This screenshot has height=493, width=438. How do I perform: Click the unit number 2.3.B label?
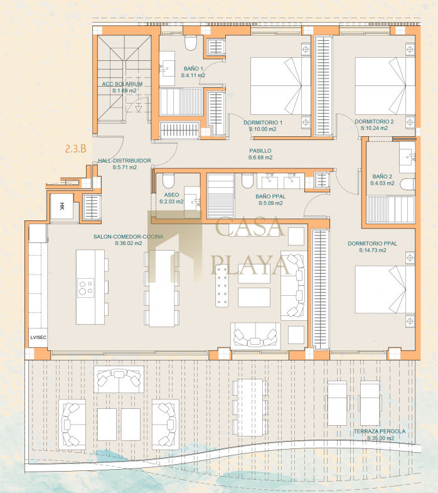[x=76, y=148]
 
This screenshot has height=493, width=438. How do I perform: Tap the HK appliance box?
[x=62, y=206]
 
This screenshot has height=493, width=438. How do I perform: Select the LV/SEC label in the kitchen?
[x=38, y=337]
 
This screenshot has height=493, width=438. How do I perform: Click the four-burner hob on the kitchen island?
[x=86, y=288]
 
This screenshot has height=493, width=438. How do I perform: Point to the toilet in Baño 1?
[x=191, y=43]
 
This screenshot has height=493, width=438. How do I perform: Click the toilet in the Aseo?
[x=168, y=181]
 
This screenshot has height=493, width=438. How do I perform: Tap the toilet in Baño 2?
[x=407, y=185]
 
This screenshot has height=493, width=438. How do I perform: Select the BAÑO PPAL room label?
[x=270, y=197]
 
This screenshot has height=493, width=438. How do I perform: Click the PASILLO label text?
[x=260, y=151]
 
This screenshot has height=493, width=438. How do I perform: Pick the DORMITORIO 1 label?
[x=263, y=122]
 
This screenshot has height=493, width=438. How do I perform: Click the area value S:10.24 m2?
[x=374, y=128]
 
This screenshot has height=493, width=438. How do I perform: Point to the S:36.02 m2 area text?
[x=129, y=243]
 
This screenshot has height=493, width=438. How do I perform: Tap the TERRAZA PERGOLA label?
[x=380, y=431]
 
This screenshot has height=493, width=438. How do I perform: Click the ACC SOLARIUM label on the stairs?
[x=122, y=84]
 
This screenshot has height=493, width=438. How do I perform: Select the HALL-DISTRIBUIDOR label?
[x=124, y=161]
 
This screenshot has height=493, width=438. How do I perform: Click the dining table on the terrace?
[x=250, y=408]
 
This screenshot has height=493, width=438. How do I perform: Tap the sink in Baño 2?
[x=407, y=157]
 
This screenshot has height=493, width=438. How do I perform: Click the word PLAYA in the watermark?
[x=250, y=265]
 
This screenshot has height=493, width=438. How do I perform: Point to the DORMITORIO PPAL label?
[x=372, y=244]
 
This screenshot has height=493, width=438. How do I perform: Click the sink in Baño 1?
[x=167, y=68]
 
